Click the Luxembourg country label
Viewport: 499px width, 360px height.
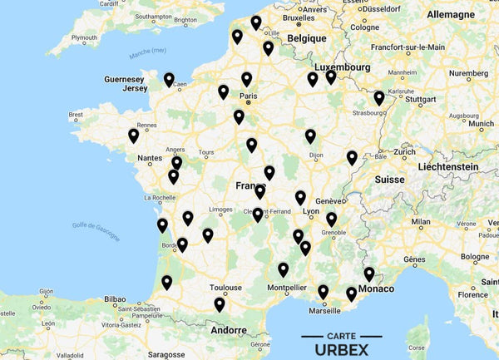click(342, 67)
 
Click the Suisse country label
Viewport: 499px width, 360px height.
click(389, 179)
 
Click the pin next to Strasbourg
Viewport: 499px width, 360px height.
click(379, 97)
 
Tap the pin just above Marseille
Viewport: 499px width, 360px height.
click(323, 291)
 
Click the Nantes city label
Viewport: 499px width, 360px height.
click(151, 157)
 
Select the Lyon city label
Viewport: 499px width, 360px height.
click(311, 212)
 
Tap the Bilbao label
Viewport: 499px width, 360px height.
click(115, 298)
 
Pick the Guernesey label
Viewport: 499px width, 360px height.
click(125, 80)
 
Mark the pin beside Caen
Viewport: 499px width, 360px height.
click(169, 79)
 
